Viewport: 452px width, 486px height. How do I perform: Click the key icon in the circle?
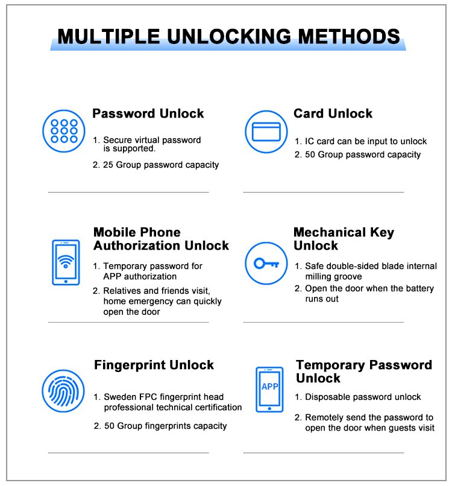click(266, 264)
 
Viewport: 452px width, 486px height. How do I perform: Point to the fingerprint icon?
click(63, 391)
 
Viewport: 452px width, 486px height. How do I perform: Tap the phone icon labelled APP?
click(269, 389)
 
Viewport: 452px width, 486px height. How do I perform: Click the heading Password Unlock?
click(148, 114)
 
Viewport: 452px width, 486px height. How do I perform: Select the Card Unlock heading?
click(333, 114)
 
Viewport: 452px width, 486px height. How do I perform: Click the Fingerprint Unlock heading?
click(154, 365)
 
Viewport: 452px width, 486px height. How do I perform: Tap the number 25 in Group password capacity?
click(108, 165)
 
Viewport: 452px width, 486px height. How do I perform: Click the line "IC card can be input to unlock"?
click(365, 141)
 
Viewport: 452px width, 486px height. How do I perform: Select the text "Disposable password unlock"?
click(363, 397)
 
